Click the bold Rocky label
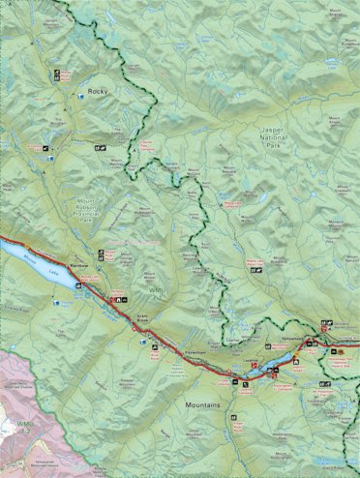95,91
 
